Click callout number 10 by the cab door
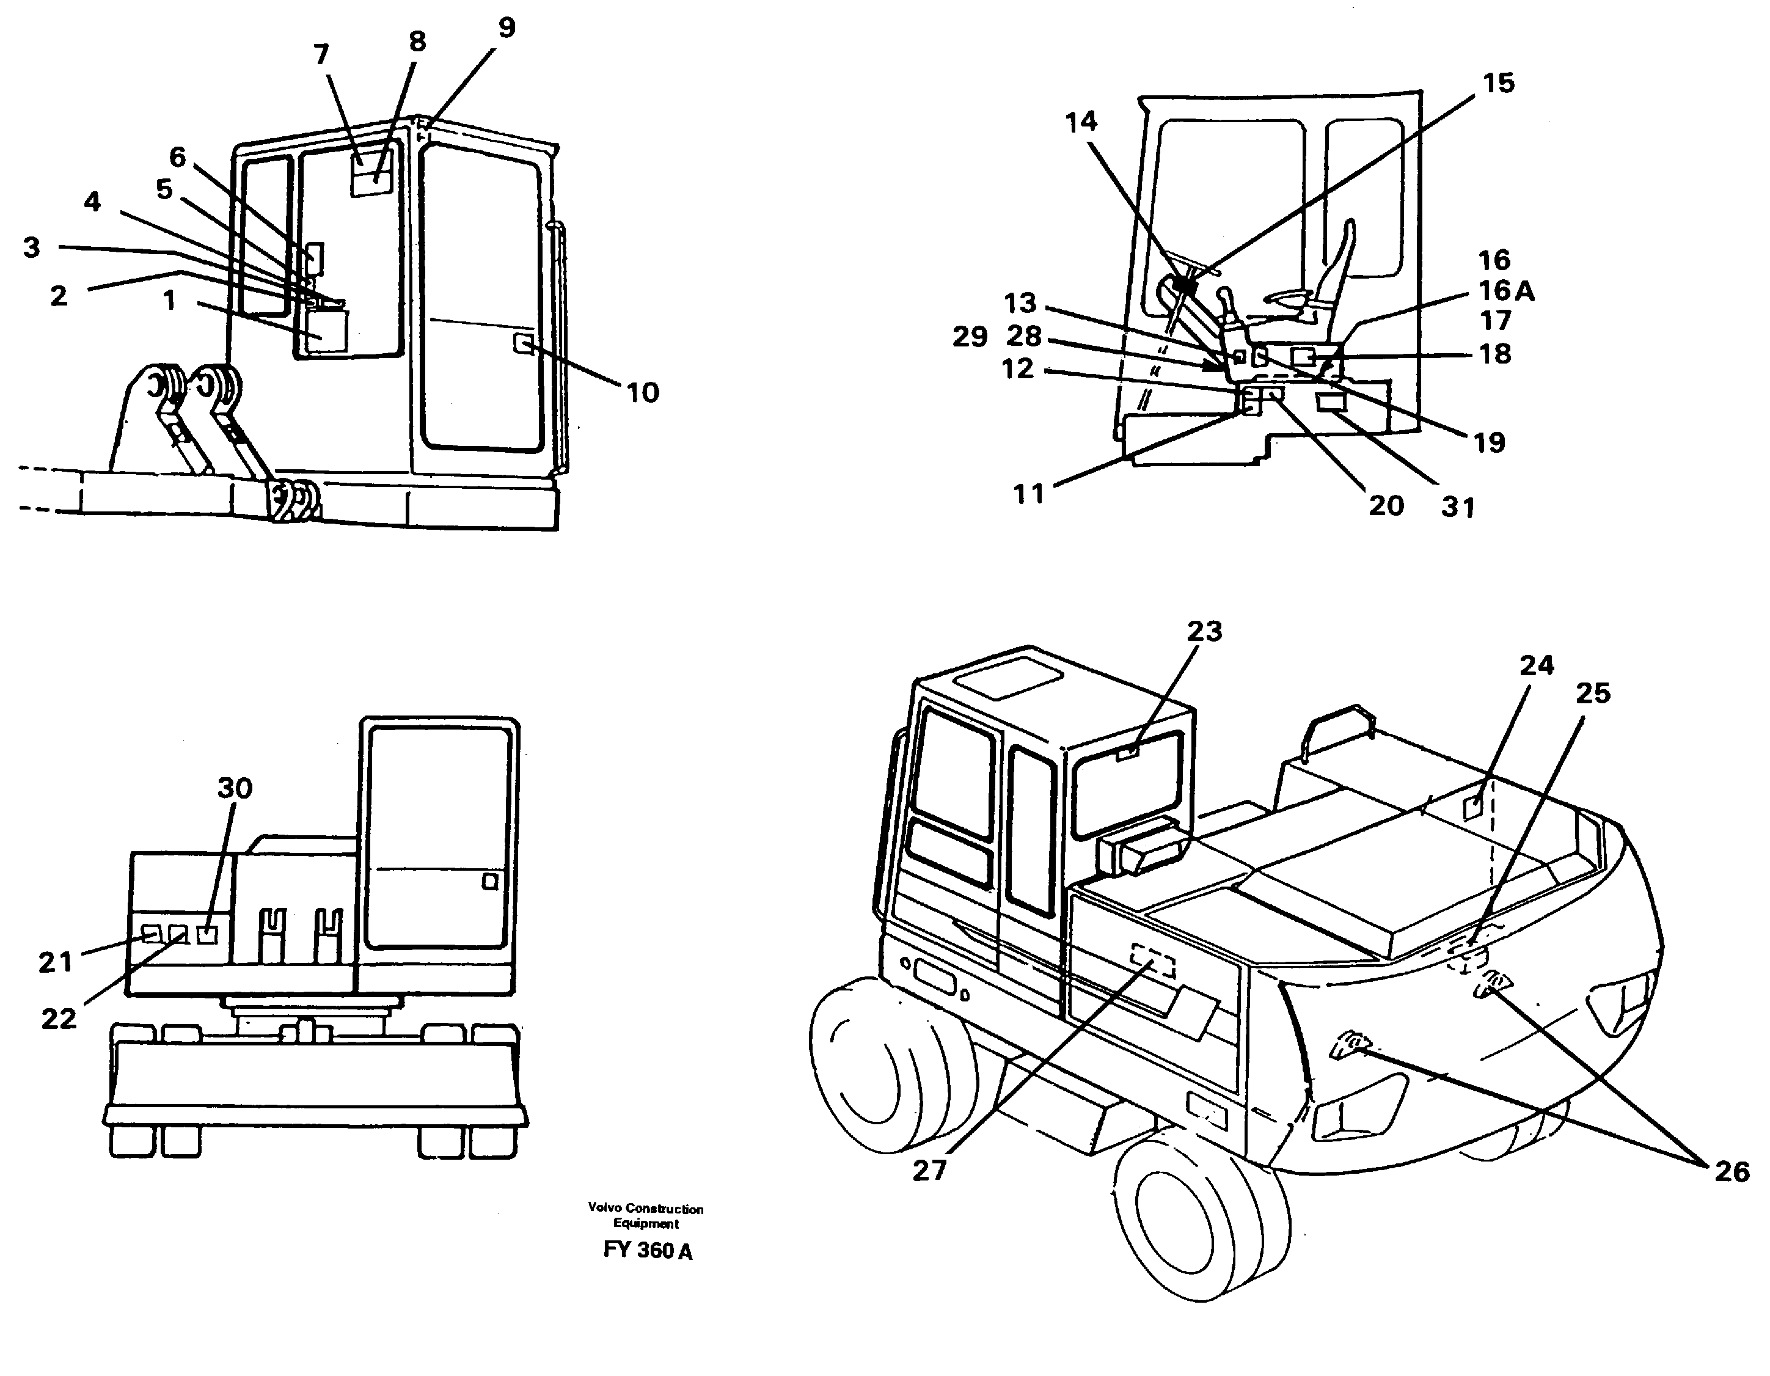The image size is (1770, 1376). pos(643,393)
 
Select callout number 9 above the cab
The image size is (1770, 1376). pos(506,28)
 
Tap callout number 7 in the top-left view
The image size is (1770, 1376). pos(322,55)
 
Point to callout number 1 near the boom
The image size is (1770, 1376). pos(169,301)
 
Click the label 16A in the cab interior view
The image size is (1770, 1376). pos(1506,290)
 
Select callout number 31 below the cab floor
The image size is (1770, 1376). pos(1458,507)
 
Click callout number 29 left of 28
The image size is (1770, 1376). pos(969,337)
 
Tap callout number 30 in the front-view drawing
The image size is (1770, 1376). pos(235,788)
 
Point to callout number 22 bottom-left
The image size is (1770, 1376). pos(59,1019)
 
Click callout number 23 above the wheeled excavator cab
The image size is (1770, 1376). pos(1204,631)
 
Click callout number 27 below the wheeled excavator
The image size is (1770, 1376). pos(929,1170)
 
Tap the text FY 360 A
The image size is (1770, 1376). pos(648,1250)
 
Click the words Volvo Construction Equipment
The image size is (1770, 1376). pos(646,1215)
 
